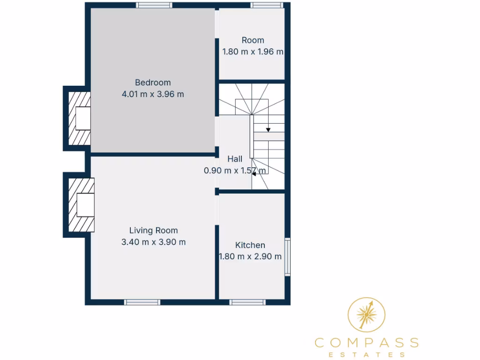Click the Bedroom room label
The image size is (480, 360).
[x=153, y=82]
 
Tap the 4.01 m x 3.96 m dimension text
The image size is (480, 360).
[x=153, y=94]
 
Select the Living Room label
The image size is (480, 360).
[x=153, y=230]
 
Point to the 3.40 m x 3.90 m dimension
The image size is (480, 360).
[x=153, y=242]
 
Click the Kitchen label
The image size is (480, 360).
[x=250, y=245]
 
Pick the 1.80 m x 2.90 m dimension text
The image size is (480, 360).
[x=250, y=256]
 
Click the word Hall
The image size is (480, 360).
[x=235, y=159]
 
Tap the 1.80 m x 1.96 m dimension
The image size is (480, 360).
[x=253, y=52]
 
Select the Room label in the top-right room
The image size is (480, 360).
[x=253, y=40]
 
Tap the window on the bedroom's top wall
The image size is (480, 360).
[x=154, y=5]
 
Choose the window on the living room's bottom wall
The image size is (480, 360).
[x=142, y=302]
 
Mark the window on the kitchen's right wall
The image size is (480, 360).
[x=287, y=256]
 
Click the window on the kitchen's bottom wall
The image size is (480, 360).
[x=247, y=302]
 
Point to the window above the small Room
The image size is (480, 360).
[x=267, y=5]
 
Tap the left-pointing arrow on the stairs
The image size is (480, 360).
[x=254, y=173]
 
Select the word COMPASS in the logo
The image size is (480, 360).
[x=367, y=342]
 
